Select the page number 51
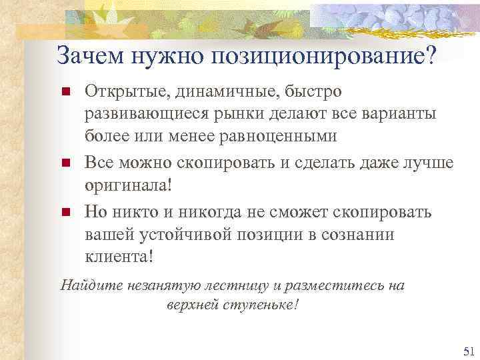click(x=467, y=351)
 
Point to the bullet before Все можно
click(x=65, y=162)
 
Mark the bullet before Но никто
click(x=65, y=213)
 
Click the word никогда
click(x=197, y=212)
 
